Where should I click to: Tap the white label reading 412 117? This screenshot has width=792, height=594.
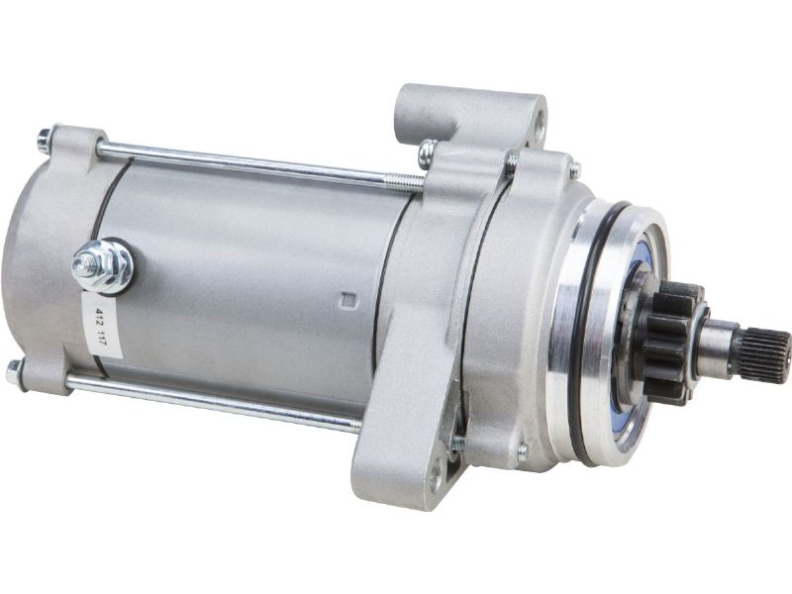pyautogui.click(x=101, y=325)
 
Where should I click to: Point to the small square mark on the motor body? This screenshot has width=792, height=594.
pyautogui.click(x=348, y=299)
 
